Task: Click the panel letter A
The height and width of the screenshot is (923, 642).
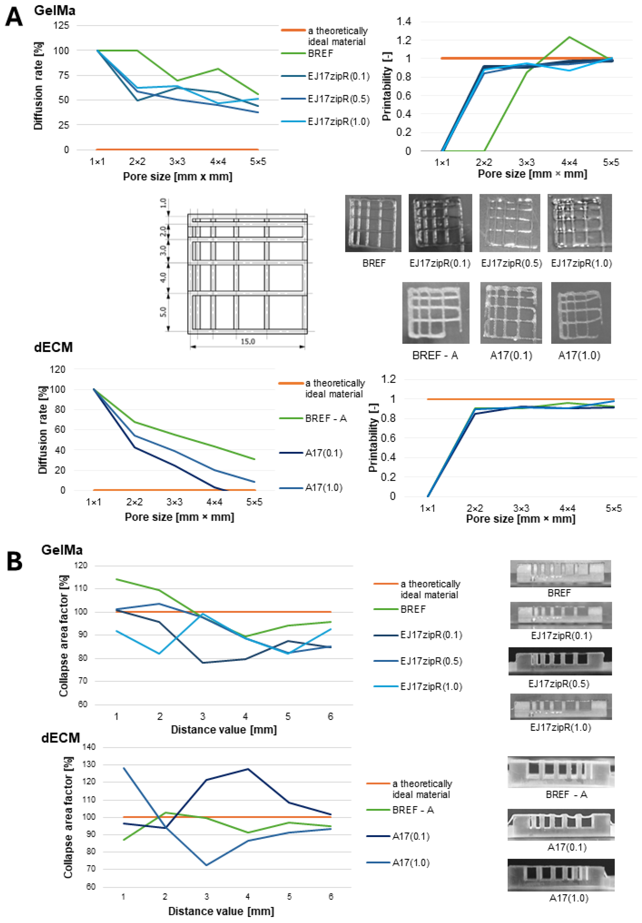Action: click(x=14, y=18)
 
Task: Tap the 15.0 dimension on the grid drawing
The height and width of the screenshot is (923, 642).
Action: click(x=247, y=341)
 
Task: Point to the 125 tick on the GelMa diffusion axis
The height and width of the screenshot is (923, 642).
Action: click(x=61, y=25)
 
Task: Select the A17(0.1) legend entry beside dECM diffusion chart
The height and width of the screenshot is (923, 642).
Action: click(x=323, y=453)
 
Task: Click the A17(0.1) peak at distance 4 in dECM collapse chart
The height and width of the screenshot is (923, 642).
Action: click(x=247, y=769)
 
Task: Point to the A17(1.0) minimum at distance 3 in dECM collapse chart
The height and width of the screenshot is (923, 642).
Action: click(x=207, y=865)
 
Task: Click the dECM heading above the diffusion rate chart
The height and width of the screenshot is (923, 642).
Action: click(x=53, y=347)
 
